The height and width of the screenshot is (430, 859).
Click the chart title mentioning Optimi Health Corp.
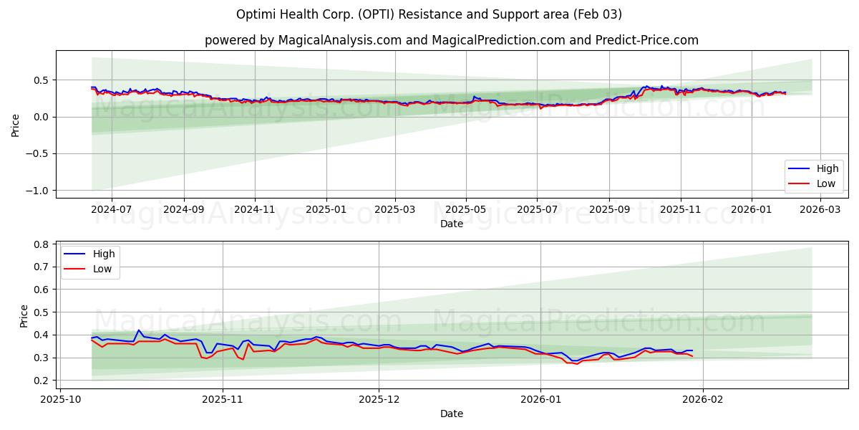429,14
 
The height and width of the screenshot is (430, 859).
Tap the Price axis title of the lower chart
24,316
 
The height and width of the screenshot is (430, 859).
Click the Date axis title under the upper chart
452,224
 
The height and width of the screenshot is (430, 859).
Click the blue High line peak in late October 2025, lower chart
139,330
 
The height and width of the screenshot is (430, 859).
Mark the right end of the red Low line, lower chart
692,356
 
